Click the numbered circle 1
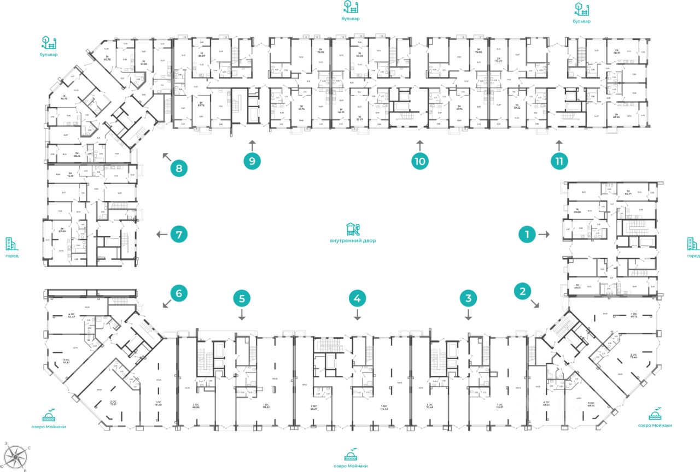(527, 234)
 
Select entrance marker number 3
(468, 298)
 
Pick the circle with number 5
(242, 298)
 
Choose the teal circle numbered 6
(178, 293)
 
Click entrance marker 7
(178, 235)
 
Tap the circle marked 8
(178, 168)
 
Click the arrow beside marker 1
(544, 234)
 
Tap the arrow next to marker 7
(161, 235)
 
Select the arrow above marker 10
(419, 145)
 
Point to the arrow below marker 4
(357, 315)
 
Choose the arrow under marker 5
(242, 315)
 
